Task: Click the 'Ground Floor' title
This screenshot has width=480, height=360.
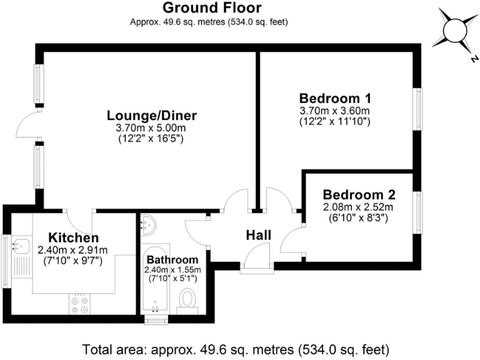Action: click(212, 8)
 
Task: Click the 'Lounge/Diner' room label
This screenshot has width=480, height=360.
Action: click(152, 116)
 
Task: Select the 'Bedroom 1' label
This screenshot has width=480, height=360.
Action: click(335, 98)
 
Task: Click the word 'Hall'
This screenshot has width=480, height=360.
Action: click(258, 235)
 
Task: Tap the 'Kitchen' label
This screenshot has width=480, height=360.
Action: click(73, 237)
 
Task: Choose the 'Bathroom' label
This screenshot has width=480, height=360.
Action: click(172, 259)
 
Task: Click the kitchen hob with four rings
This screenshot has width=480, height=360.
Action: click(80, 304)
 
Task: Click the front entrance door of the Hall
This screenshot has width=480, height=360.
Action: click(257, 257)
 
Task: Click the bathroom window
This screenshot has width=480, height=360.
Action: click(154, 319)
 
